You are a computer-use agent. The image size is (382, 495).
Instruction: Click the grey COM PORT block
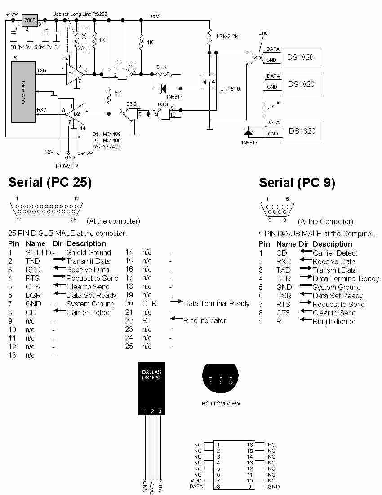pos(23,92)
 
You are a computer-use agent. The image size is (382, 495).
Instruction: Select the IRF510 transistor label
pos(230,89)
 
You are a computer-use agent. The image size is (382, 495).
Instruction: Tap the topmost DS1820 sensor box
pos(301,58)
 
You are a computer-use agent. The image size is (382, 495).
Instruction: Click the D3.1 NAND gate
pos(124,75)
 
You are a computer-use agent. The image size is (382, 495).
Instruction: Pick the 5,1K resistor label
pos(161,67)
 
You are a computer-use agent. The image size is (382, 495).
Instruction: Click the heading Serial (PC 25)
pos(50,182)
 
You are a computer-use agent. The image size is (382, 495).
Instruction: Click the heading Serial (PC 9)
pos(297,183)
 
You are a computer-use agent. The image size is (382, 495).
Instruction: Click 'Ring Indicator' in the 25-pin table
pos(204,321)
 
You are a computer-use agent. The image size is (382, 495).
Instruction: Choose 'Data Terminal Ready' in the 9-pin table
pos(346,279)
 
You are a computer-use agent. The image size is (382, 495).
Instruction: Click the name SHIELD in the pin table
pos(38,252)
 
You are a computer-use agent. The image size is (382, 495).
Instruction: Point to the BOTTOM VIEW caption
pos(221,404)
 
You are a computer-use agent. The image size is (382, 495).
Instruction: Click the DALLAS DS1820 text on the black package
pos(151,375)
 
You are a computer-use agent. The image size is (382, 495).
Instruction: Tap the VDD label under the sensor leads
pos(160,486)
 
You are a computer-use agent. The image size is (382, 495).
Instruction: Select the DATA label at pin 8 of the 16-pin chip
pos(196,486)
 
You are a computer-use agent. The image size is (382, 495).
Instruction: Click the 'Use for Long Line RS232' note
pos(80,14)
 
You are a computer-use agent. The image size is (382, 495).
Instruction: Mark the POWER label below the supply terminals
pos(67,166)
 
